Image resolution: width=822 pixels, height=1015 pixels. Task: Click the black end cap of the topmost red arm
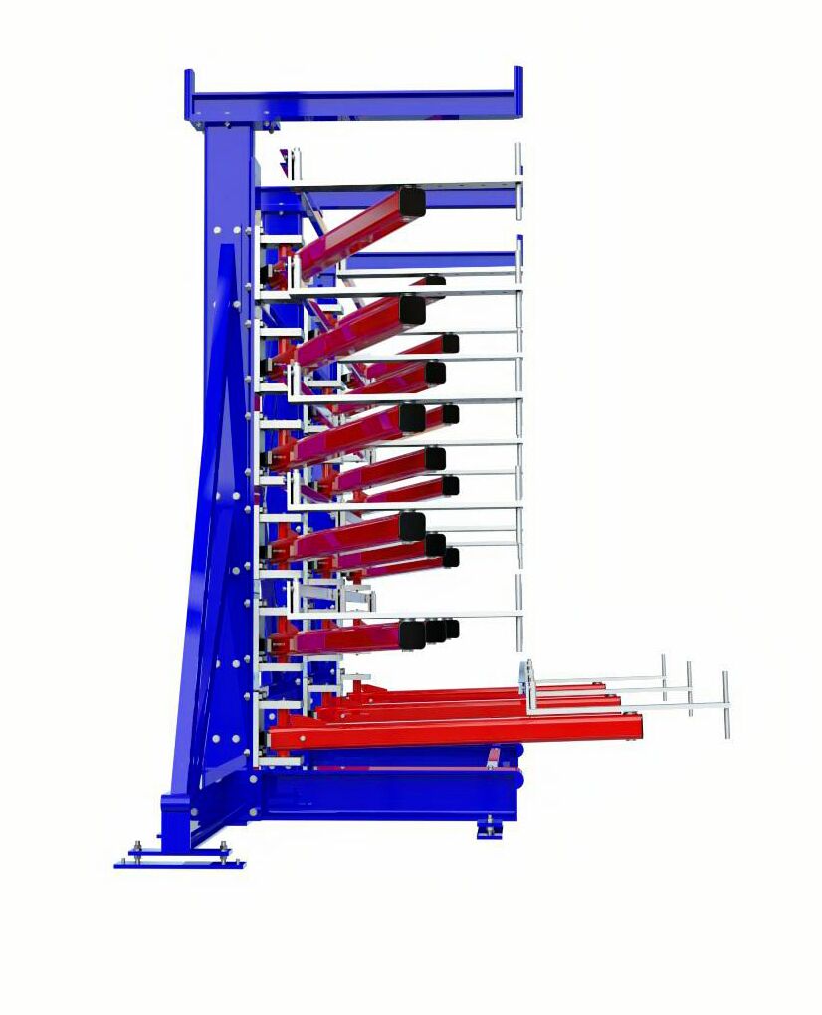click(x=411, y=202)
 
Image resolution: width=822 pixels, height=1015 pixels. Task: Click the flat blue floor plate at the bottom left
click(x=179, y=863)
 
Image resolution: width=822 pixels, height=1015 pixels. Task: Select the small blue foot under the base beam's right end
click(x=489, y=828)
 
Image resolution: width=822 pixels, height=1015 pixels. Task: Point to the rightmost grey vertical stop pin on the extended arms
click(x=725, y=704)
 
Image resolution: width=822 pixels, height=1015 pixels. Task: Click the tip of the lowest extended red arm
click(x=633, y=729)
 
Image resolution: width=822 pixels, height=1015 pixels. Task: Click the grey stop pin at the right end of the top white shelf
click(x=518, y=174)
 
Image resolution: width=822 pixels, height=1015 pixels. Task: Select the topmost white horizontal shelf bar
click(x=408, y=186)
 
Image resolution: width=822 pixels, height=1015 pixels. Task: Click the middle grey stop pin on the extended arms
click(x=689, y=687)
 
